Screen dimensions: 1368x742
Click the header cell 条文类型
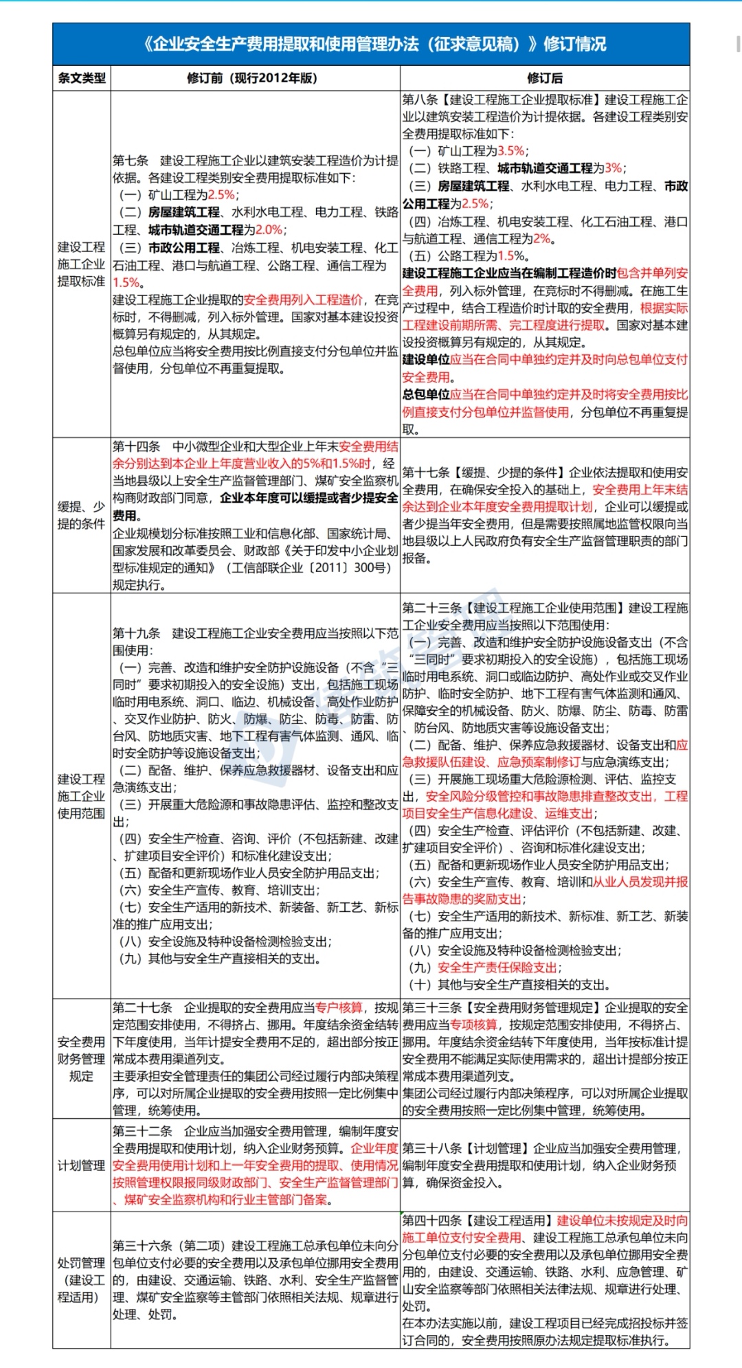click(x=81, y=78)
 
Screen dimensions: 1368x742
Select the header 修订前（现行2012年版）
click(x=252, y=78)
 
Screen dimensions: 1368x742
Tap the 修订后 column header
click(x=545, y=78)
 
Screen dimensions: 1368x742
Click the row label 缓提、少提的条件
click(x=81, y=515)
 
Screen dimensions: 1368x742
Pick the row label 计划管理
click(x=81, y=1165)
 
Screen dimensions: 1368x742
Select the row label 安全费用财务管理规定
click(x=81, y=1058)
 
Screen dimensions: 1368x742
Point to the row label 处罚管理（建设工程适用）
click(x=81, y=1279)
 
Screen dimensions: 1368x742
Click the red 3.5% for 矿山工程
click(x=510, y=151)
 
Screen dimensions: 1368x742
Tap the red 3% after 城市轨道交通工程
click(x=614, y=168)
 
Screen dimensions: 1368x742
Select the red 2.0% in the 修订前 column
click(x=269, y=229)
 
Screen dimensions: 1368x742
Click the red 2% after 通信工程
click(x=542, y=238)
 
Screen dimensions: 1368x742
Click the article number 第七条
click(x=131, y=161)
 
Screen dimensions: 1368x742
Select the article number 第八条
click(x=420, y=100)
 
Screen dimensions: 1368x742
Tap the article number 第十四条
click(x=136, y=446)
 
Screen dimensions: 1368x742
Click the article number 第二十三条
click(x=431, y=608)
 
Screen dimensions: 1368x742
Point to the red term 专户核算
click(x=339, y=1007)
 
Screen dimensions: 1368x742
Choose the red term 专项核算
click(x=473, y=1025)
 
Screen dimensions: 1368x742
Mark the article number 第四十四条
click(x=431, y=1220)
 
